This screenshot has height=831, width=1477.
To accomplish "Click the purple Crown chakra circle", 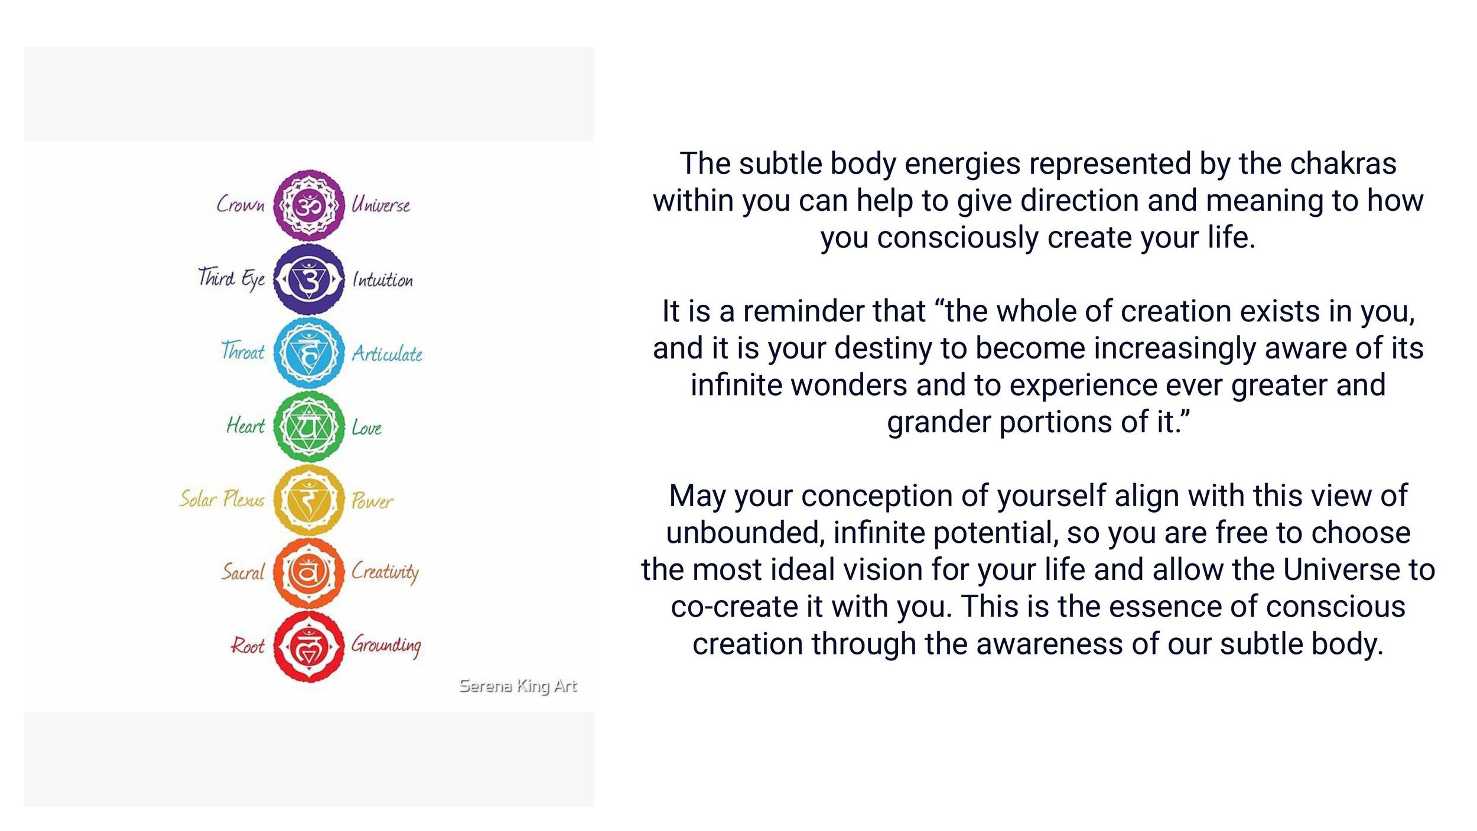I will pos(308,205).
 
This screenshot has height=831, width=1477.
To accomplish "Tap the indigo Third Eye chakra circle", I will pos(308,279).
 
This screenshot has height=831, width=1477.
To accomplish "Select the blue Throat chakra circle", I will pos(308,353).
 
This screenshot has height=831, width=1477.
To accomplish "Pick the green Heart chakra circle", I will pos(308,426).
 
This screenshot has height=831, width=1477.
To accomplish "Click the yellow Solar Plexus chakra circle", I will pos(308,500).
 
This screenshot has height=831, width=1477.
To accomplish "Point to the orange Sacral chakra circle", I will pos(308,573).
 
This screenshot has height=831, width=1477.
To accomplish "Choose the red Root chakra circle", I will pos(308,646).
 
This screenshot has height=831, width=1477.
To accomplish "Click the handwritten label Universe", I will pos(380,205).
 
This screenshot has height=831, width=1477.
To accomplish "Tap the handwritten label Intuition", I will pos(382,279).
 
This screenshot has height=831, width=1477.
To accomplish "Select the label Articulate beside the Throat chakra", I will pos(387,354).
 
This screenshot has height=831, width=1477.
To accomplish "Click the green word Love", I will pos(366,428).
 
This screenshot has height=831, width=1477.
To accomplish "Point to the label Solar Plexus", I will pos(222,499).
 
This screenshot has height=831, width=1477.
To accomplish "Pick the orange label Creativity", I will pos(385,572).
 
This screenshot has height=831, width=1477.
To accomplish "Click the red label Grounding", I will pos(386,645).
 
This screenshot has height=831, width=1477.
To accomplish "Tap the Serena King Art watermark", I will pos(518,686).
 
